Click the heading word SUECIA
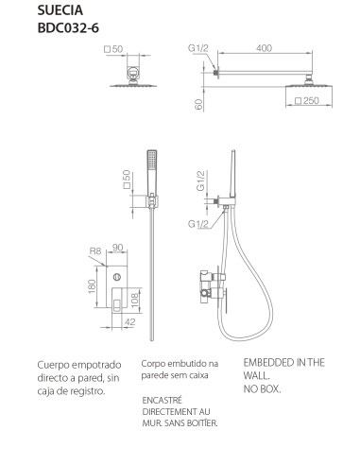coord(60,10)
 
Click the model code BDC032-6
coord(68,28)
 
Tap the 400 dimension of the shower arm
coord(264,48)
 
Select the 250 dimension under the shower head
coord(307,100)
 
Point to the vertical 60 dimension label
coord(198,104)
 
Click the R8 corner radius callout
coord(95,251)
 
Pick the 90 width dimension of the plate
coord(117,248)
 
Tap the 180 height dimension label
coord(92,286)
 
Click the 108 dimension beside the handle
coord(134,300)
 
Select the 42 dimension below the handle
coord(130,321)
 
